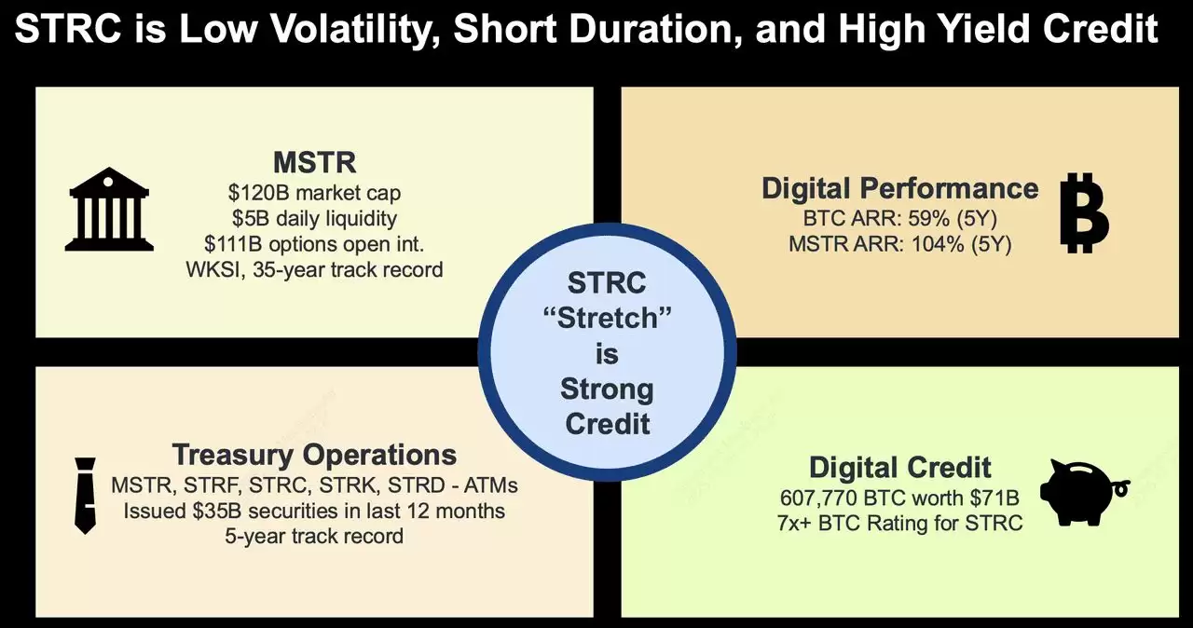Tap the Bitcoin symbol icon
(x=1085, y=212)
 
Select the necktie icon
(x=85, y=495)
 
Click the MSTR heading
(x=314, y=163)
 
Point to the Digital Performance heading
(x=899, y=188)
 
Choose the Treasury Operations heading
(x=314, y=455)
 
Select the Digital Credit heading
(x=899, y=467)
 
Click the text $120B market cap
(x=314, y=193)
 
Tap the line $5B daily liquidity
(x=314, y=219)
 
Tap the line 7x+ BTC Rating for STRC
(x=899, y=523)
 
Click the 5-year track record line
(x=314, y=536)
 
